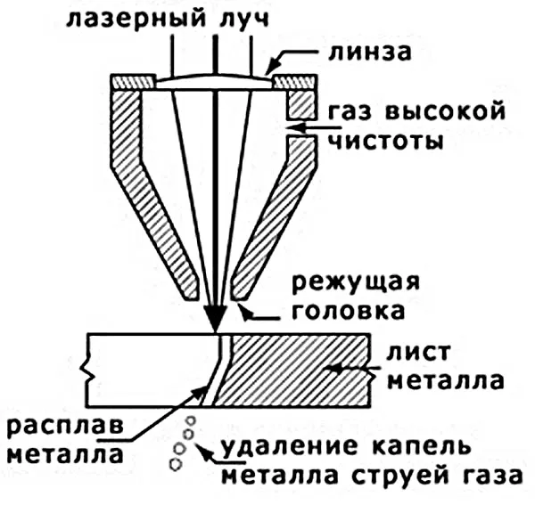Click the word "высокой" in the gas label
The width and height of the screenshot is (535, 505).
[x=454, y=112]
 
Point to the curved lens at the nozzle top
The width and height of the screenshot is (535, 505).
[x=215, y=81]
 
